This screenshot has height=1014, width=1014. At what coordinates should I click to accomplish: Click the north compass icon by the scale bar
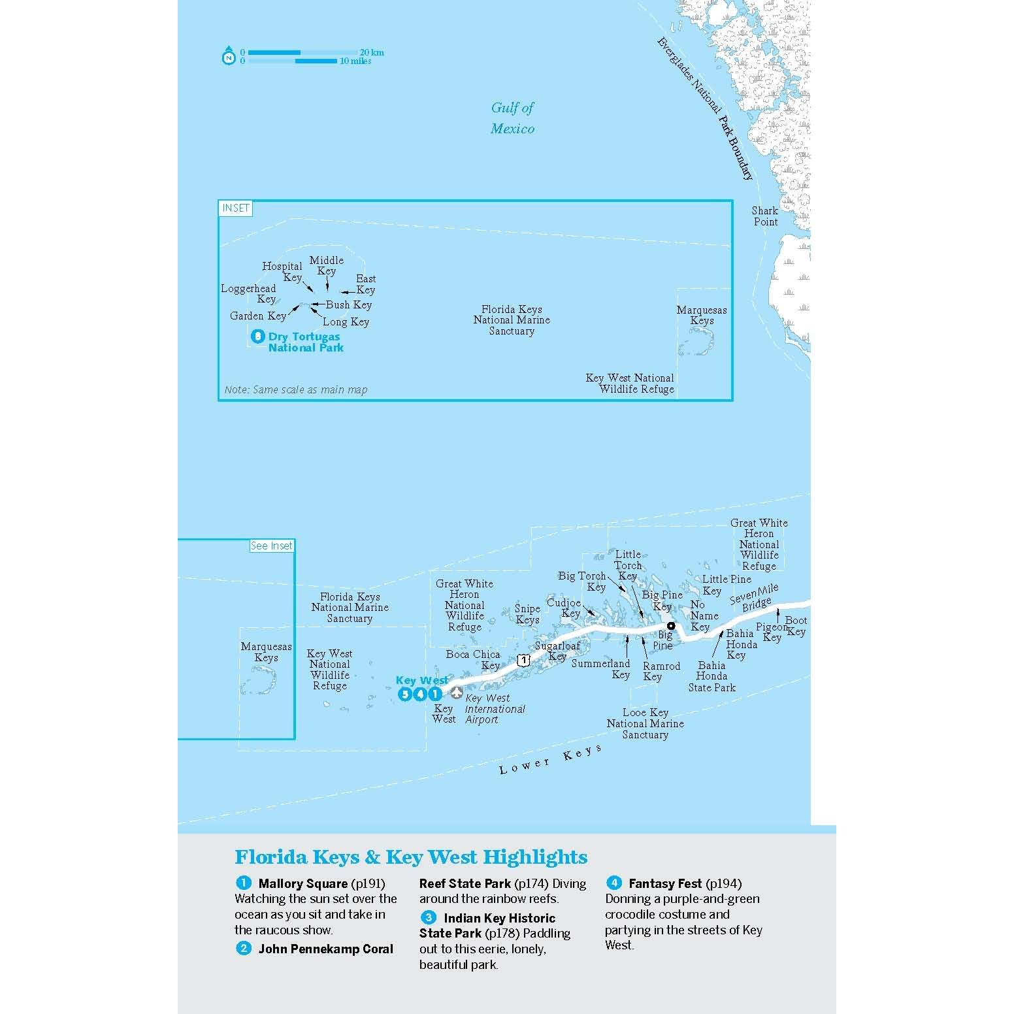pyautogui.click(x=229, y=56)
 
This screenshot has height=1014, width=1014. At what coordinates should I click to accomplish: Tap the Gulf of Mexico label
pyautogui.click(x=512, y=118)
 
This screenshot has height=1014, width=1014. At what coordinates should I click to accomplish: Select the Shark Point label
pyautogui.click(x=765, y=216)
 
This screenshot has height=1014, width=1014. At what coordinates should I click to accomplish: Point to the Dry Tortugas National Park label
pyautogui.click(x=305, y=342)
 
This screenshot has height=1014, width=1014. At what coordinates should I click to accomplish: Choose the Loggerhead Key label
pyautogui.click(x=249, y=294)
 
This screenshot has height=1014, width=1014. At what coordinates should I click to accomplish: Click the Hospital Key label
pyautogui.click(x=282, y=272)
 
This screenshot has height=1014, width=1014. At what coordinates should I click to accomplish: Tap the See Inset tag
pyautogui.click(x=272, y=546)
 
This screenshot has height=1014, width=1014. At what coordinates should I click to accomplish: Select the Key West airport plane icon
pyautogui.click(x=457, y=692)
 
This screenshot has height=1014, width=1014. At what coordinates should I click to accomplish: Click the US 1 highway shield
pyautogui.click(x=523, y=661)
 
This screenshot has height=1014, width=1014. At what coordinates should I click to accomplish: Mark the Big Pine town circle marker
pyautogui.click(x=670, y=625)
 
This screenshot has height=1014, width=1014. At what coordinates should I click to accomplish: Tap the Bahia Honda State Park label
pyautogui.click(x=711, y=676)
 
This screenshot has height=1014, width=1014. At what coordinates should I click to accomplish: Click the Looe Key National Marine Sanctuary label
pyautogui.click(x=645, y=723)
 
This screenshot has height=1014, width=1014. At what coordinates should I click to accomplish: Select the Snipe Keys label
pyautogui.click(x=527, y=614)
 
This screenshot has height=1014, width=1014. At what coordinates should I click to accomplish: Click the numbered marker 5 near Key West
pyautogui.click(x=405, y=695)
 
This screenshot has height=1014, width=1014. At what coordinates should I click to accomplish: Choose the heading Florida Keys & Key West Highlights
pyautogui.click(x=411, y=857)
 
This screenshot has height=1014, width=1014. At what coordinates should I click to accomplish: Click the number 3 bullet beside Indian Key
pyautogui.click(x=428, y=918)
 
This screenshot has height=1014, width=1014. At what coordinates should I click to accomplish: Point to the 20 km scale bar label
pyautogui.click(x=372, y=52)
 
